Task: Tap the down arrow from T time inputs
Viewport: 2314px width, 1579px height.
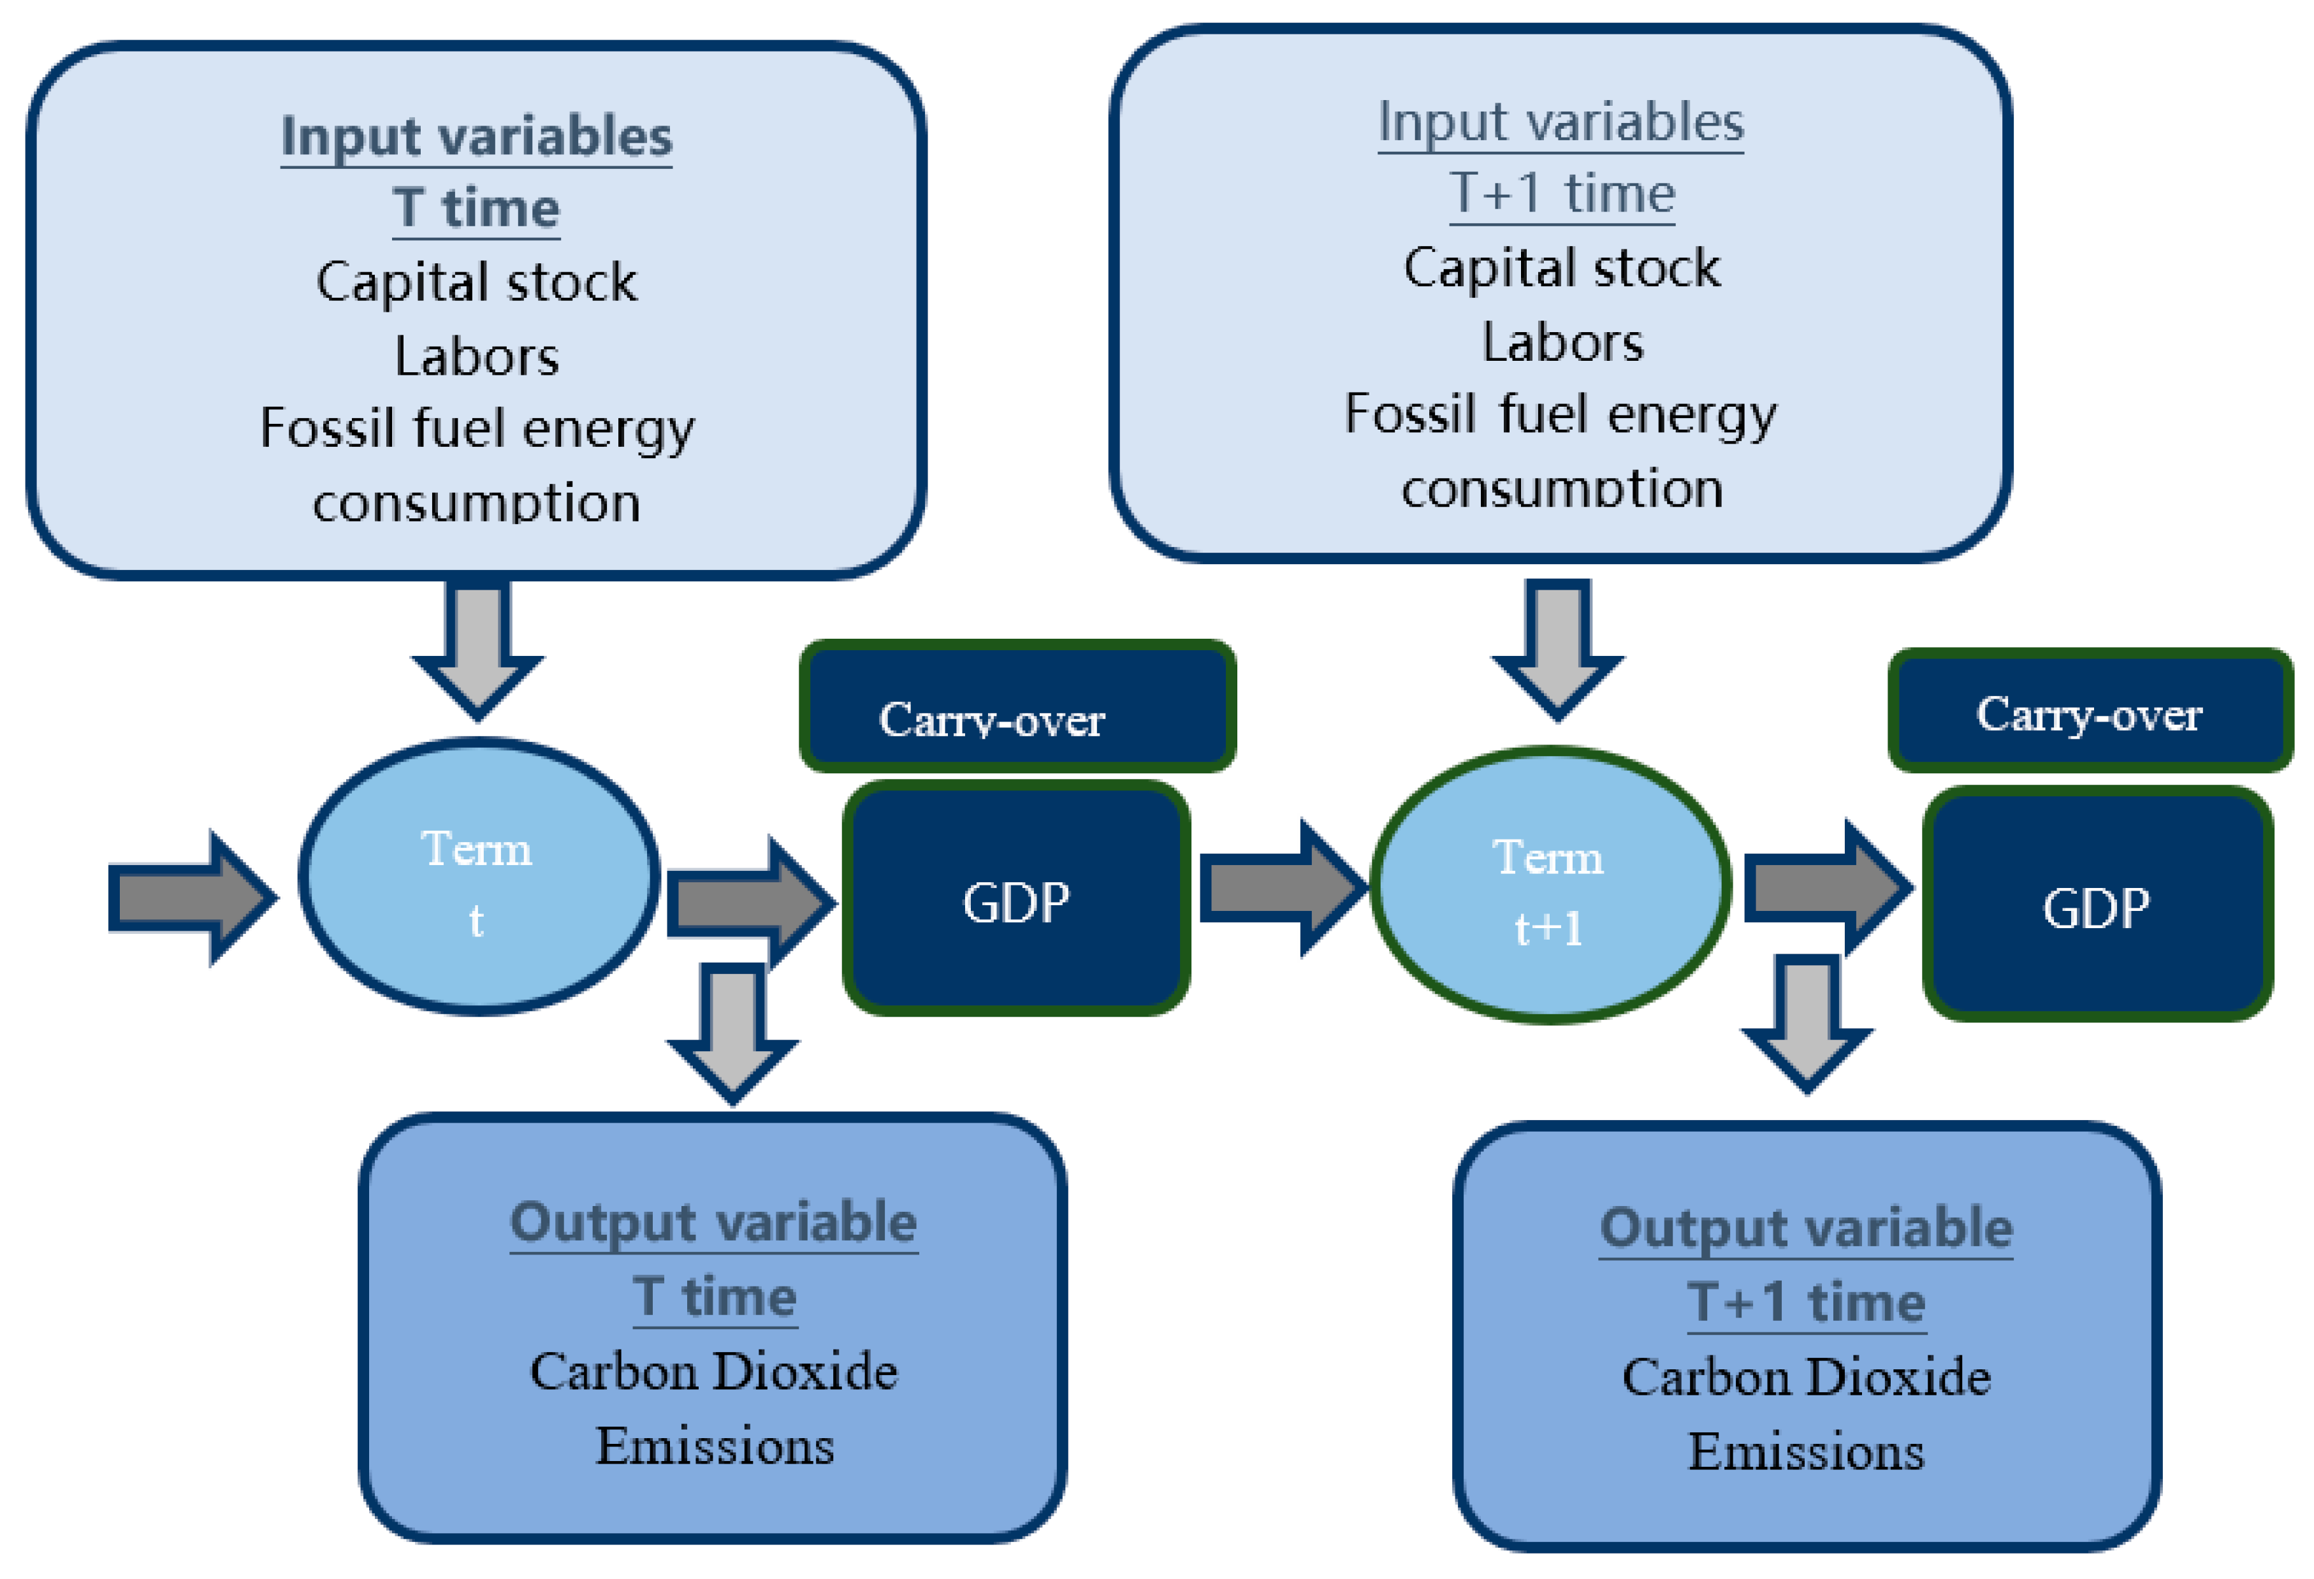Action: coord(478,647)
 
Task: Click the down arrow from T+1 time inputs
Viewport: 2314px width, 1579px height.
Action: coord(1557,647)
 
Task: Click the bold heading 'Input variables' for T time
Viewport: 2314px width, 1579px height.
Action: coord(476,136)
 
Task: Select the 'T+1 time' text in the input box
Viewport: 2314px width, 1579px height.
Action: coord(1561,192)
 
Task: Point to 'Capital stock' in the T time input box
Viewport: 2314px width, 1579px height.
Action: coord(476,282)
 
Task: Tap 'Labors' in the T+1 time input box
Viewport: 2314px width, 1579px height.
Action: coord(1561,342)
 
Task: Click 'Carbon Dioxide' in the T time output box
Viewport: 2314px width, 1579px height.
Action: coord(713,1371)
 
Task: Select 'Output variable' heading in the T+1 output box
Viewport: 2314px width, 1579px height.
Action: coord(1805,1228)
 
